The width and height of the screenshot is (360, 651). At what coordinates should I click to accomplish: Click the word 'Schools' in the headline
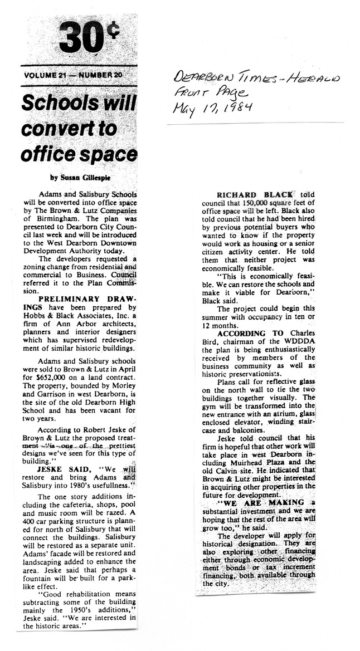point(52,104)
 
